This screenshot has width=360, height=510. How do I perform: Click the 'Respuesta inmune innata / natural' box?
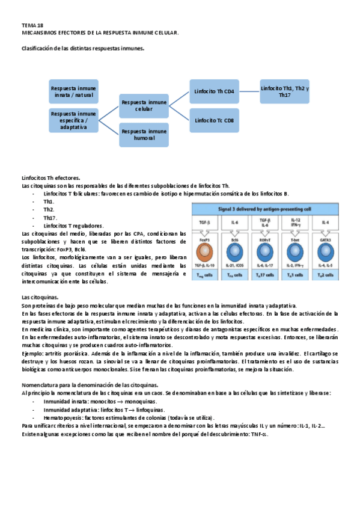73,91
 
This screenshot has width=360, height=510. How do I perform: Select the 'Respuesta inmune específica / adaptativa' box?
73,120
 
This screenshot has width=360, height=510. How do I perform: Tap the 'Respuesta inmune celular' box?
144,106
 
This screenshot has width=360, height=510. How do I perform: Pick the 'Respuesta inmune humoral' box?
144,135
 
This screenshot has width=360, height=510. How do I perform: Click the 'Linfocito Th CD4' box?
215,91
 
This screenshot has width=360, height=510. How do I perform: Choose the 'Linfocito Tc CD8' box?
215,120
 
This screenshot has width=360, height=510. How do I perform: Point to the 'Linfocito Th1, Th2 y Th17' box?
285,91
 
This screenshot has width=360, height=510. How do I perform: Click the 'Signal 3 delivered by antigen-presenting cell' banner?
266,209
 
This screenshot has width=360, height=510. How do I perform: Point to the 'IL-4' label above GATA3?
325,223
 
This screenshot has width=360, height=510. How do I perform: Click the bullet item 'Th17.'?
50,218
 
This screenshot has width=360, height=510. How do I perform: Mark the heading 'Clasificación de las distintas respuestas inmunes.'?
82,48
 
